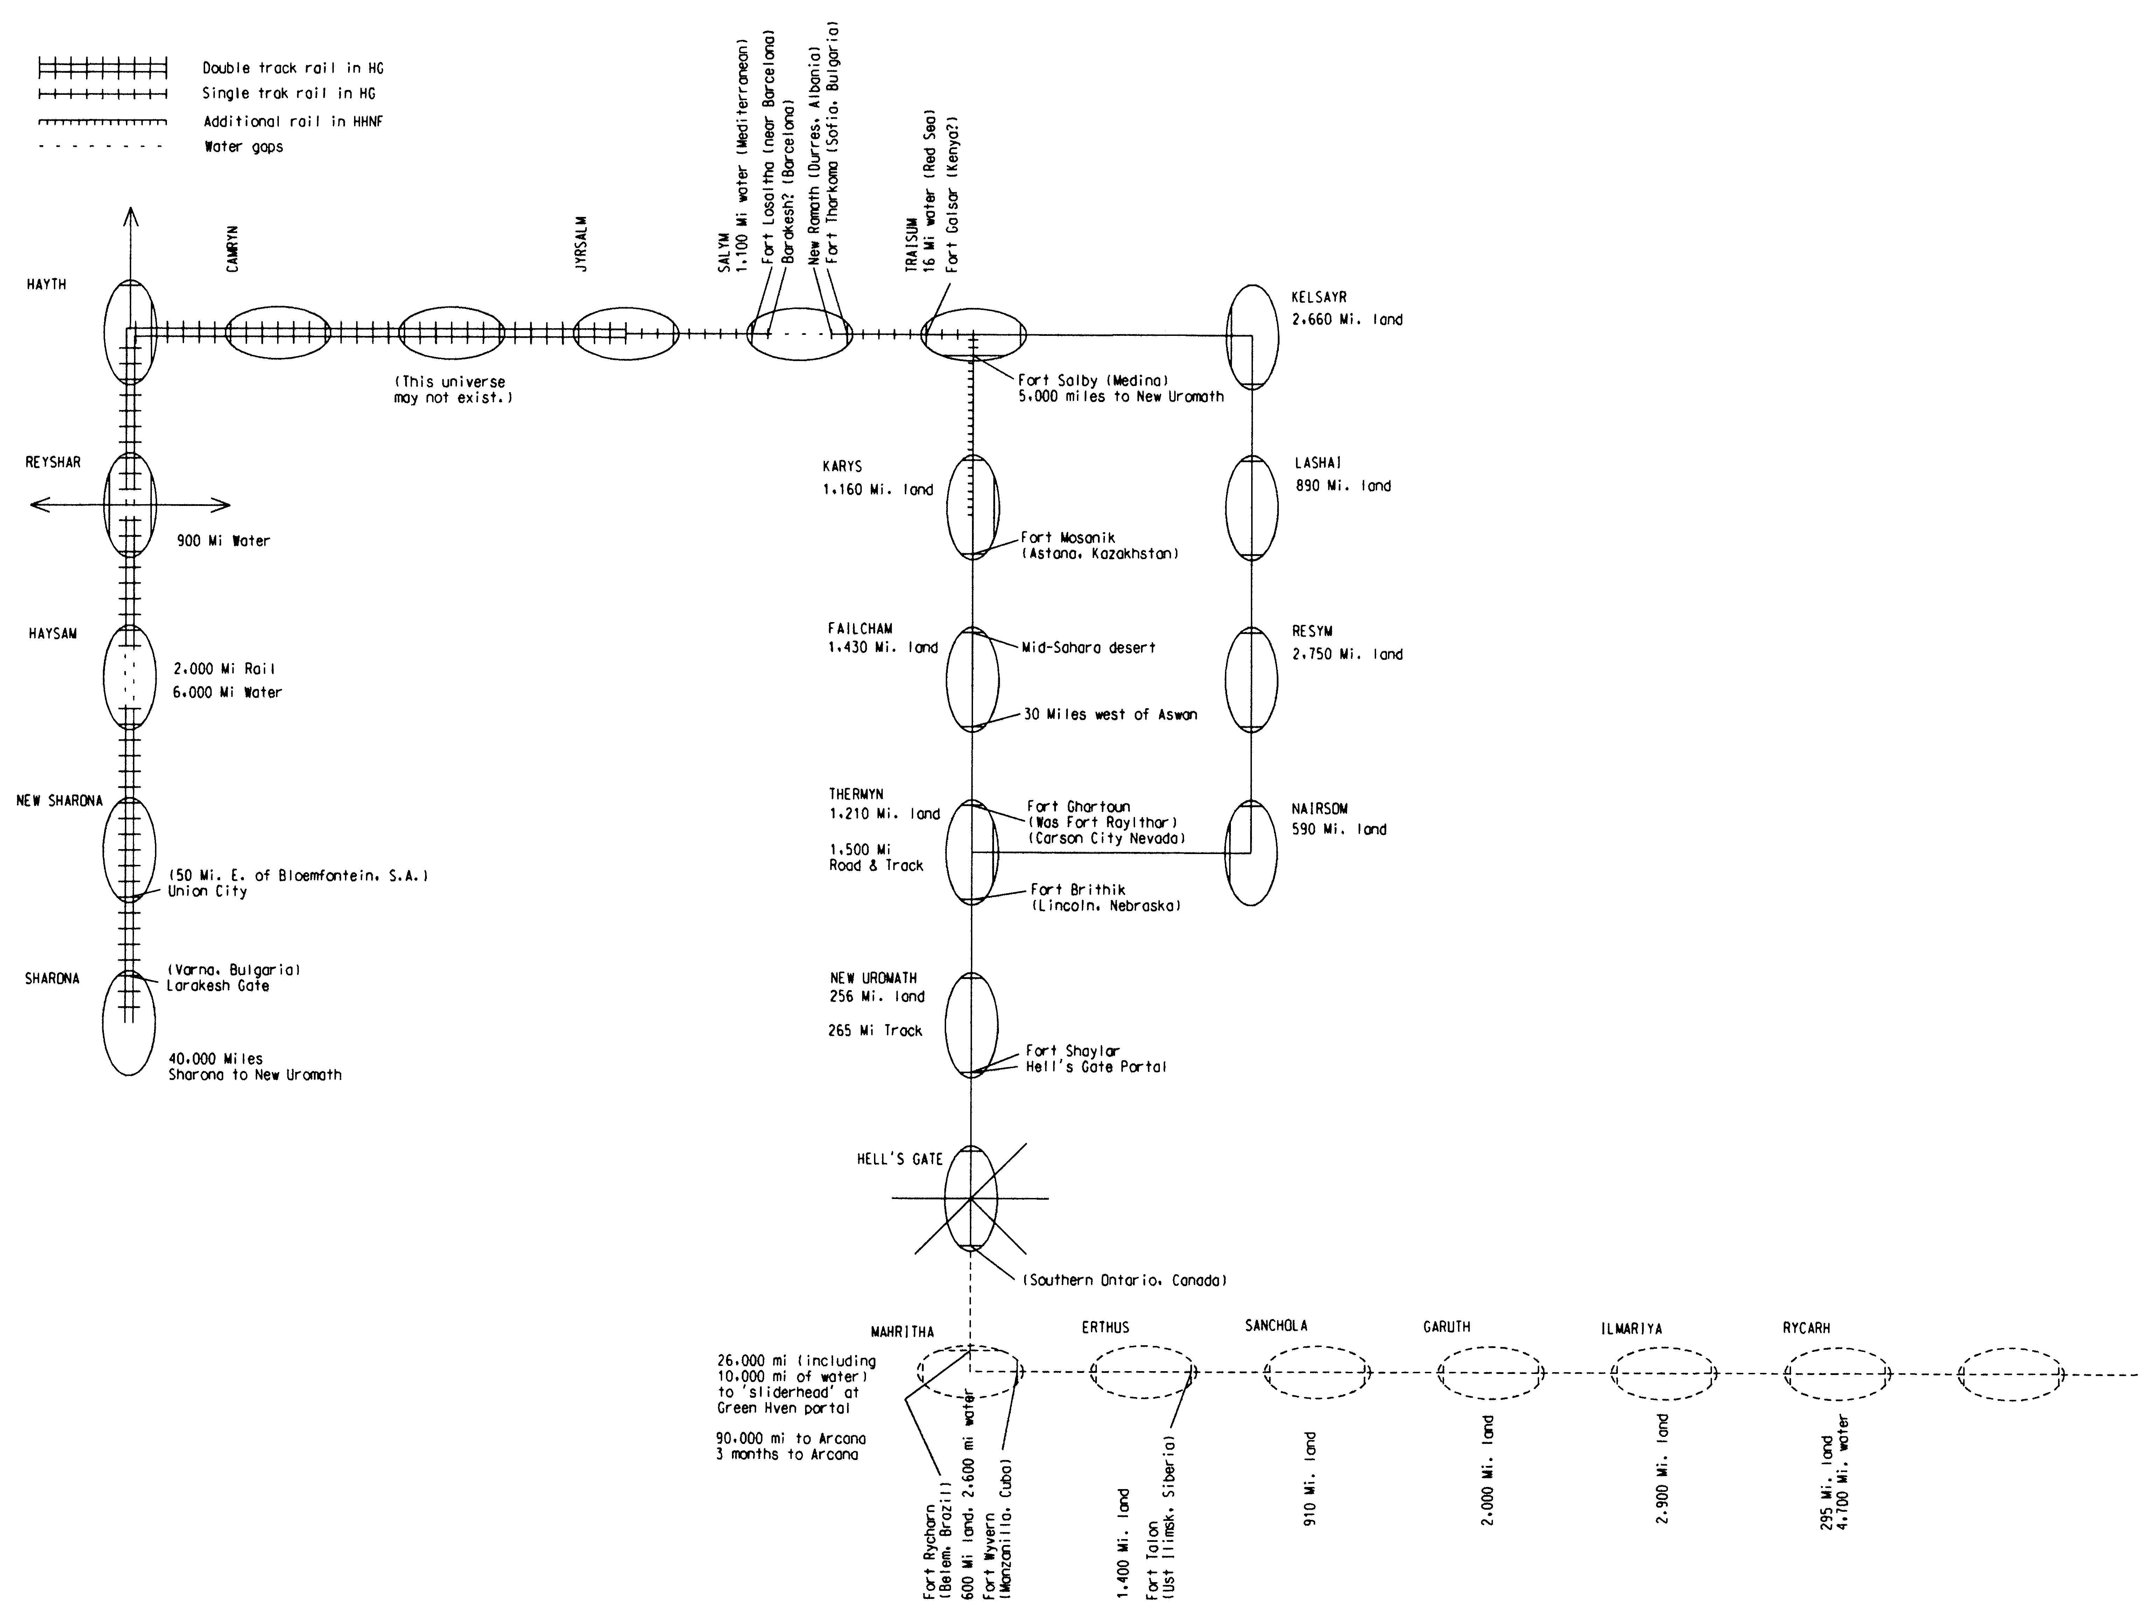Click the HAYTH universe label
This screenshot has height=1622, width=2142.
tap(47, 285)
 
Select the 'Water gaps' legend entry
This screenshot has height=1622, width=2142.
tap(243, 147)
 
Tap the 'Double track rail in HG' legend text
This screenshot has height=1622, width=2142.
tap(293, 68)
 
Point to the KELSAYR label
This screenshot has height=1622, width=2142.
tap(1319, 297)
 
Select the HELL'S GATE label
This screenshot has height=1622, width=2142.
tap(900, 1159)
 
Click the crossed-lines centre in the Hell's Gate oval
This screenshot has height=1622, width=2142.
tap(970, 1199)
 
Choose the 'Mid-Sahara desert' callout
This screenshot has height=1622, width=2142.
tap(1088, 648)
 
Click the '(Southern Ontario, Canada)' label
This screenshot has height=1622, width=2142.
tap(1125, 1280)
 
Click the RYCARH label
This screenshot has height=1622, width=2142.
tap(1806, 1328)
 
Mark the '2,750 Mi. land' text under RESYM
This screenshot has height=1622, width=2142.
tap(1347, 655)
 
